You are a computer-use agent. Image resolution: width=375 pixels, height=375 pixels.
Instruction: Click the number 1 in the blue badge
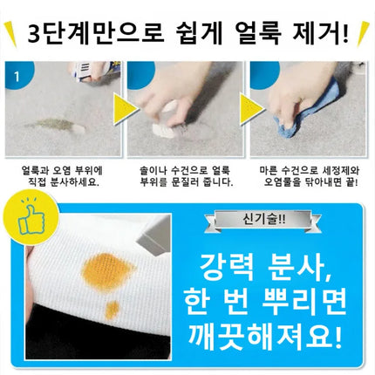17,77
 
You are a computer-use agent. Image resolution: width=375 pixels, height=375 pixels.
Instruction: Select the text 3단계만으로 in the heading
95,34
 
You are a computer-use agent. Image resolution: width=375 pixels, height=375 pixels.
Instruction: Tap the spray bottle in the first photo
93,72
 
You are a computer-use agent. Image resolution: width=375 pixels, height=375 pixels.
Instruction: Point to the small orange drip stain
112,310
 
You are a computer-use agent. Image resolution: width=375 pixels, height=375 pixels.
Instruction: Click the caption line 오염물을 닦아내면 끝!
311,183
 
